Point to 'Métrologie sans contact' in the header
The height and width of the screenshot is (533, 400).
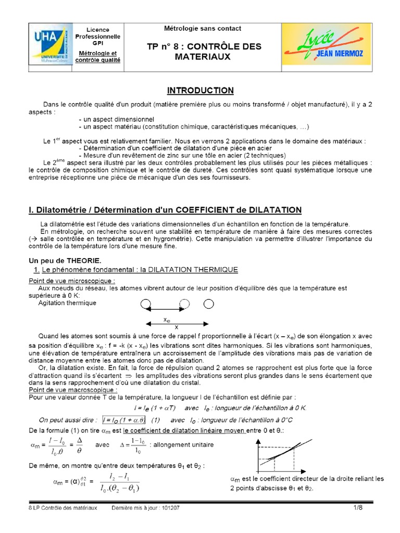203,29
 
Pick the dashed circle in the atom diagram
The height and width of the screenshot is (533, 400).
185,304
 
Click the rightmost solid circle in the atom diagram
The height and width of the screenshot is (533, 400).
209,304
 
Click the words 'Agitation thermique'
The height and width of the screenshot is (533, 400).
67,302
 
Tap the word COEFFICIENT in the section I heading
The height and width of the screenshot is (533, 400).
204,210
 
